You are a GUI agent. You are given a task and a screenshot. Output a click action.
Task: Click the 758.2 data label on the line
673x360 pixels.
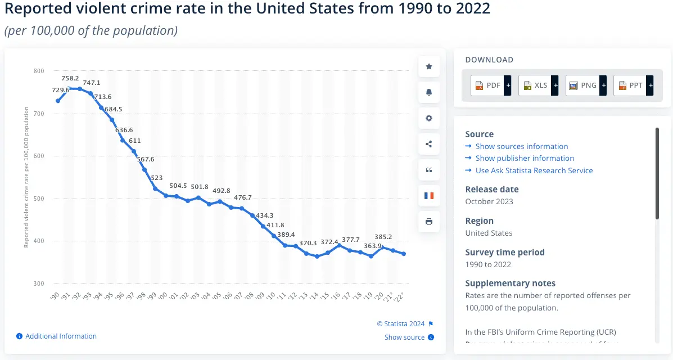[x=70, y=78]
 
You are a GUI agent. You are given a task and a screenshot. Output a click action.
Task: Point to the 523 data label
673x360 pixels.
[x=157, y=178]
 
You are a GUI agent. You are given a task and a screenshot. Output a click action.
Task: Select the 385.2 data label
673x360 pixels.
[x=383, y=237]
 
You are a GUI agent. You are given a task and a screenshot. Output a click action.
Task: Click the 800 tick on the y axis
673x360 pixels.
[x=39, y=71]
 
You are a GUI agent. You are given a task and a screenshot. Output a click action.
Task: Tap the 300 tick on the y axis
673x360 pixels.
[x=39, y=283]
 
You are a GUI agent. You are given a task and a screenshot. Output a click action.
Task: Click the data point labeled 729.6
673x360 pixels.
[x=58, y=101]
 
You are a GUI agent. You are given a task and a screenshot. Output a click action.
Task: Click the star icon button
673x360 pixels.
[x=429, y=67]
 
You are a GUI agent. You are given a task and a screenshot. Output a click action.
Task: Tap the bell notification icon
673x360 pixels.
[x=429, y=93]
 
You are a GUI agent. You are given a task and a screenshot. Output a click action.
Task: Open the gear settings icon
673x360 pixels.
[x=429, y=118]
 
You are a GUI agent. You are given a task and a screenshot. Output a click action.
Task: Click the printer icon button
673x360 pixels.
[x=429, y=222]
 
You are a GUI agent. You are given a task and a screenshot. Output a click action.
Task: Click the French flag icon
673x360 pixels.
[x=429, y=196]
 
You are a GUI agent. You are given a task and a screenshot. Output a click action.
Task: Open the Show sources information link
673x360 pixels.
[x=521, y=146]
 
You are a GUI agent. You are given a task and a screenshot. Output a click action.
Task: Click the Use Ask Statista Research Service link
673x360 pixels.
[x=534, y=170]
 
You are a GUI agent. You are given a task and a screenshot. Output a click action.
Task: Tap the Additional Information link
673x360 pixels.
[x=61, y=336]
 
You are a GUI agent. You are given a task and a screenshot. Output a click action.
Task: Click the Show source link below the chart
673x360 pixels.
[x=405, y=337]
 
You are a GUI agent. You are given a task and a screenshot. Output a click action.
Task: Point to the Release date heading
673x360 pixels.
[x=492, y=190]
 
